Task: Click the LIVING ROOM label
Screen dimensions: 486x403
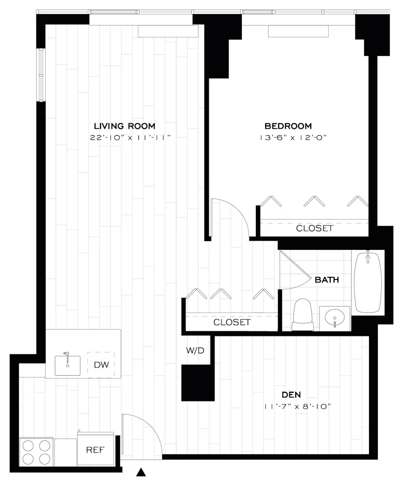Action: tap(124, 126)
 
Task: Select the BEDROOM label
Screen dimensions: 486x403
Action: tap(288, 126)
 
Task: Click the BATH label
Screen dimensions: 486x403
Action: tap(327, 280)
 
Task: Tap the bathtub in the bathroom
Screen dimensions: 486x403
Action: tap(368, 282)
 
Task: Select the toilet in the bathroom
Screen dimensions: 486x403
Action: tap(303, 315)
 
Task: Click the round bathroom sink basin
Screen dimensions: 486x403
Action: tap(335, 318)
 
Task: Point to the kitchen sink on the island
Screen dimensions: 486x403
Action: tap(67, 365)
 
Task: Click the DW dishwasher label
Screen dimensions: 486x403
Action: tap(101, 365)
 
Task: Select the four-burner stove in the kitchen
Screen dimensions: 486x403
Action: tap(36, 452)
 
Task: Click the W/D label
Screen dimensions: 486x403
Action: tap(195, 350)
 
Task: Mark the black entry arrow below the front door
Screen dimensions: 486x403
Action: tap(141, 471)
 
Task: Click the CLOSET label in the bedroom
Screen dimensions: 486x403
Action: tap(315, 228)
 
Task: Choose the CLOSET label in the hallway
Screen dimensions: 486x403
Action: tap(232, 322)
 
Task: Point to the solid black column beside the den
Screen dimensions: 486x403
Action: tap(198, 382)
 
